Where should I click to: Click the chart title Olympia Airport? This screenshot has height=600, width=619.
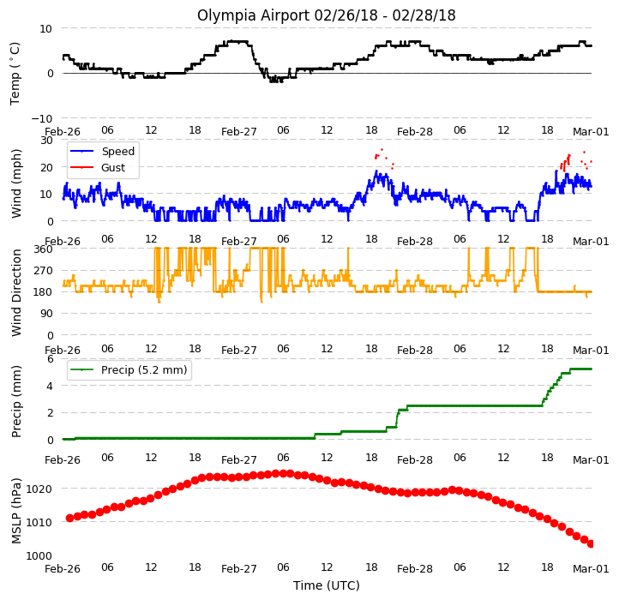[x=254, y=15]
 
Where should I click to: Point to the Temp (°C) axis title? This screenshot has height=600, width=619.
[x=15, y=74]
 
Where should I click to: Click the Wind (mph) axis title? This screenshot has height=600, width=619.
[x=15, y=183]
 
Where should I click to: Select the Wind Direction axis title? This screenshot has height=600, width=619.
[x=15, y=292]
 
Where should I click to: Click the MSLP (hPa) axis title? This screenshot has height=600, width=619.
[x=15, y=511]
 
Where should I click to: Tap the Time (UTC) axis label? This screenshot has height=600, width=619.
[x=327, y=585]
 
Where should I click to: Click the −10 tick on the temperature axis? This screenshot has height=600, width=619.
[x=41, y=118]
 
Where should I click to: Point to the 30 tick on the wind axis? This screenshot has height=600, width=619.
[x=46, y=140]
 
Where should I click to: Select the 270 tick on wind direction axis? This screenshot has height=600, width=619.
[x=44, y=271]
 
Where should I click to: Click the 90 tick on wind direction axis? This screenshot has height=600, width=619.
[x=46, y=314]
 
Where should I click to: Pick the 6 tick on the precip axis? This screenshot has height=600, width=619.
[x=50, y=359]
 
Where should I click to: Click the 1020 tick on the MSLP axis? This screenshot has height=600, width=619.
[x=39, y=489]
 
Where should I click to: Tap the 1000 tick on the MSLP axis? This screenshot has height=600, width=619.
[x=39, y=555]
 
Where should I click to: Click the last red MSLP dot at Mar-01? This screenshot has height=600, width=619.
[x=591, y=544]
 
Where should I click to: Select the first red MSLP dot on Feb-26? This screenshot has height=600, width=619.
[x=70, y=518]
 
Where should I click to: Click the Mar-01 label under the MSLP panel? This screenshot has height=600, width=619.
[x=591, y=569]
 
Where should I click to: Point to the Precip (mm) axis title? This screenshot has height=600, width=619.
[x=15, y=401]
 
